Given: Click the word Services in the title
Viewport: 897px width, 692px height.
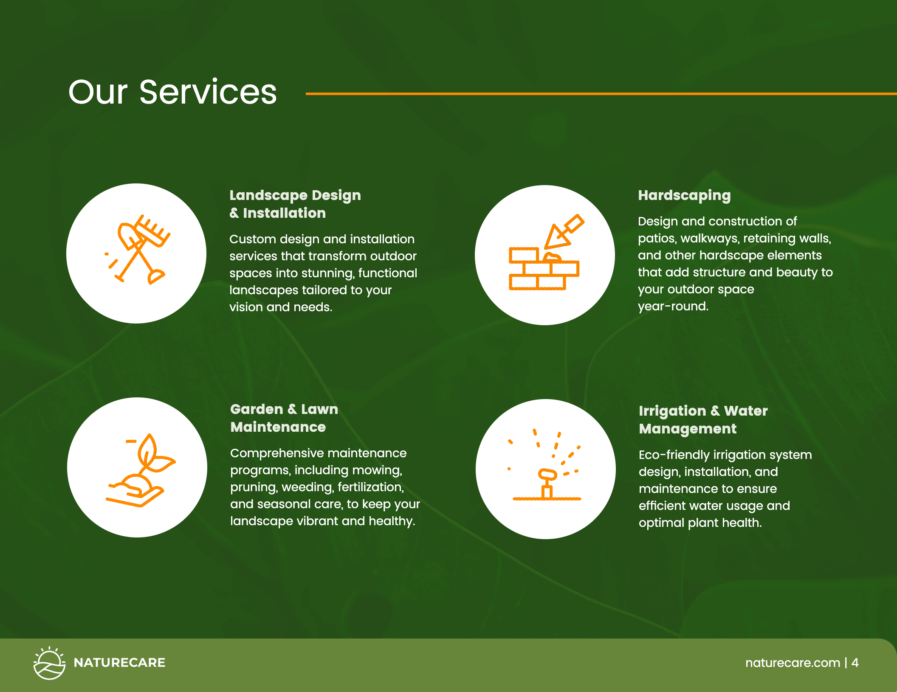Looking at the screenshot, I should pyautogui.click(x=208, y=92).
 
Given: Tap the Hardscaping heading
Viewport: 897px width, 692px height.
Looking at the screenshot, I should pyautogui.click(x=684, y=196).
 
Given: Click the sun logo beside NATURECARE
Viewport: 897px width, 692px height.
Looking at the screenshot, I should pyautogui.click(x=49, y=663).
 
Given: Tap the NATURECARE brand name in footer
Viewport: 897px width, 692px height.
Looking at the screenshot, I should pyautogui.click(x=119, y=663).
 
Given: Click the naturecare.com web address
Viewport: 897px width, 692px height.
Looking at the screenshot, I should pyautogui.click(x=793, y=663).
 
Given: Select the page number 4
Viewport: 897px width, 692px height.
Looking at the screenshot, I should pyautogui.click(x=855, y=663).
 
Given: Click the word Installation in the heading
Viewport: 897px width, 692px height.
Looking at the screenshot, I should pyautogui.click(x=284, y=213).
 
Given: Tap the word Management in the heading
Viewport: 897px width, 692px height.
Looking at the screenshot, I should pyautogui.click(x=688, y=429).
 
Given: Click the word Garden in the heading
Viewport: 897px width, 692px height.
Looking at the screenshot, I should pyautogui.click(x=257, y=409).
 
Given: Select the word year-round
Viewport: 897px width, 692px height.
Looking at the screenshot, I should pyautogui.click(x=673, y=307).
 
